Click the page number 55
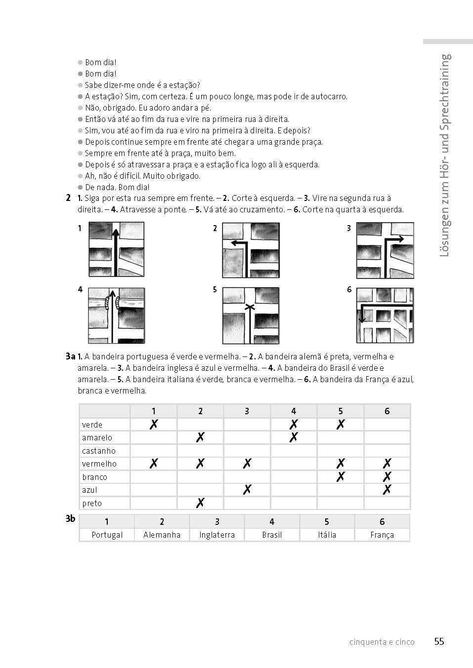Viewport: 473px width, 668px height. coord(439,641)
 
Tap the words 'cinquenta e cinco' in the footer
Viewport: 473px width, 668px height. coord(382,642)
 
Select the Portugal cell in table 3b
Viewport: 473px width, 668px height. coord(107,535)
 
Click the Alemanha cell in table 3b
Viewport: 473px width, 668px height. coord(162,535)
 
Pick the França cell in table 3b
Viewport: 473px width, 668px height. coord(382,535)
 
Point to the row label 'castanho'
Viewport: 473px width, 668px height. coord(99,451)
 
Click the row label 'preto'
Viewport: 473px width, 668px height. coord(92,503)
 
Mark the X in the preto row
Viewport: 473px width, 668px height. coord(200,503)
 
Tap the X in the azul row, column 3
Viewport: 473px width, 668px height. coord(247,489)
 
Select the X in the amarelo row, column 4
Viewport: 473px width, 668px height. coord(294,437)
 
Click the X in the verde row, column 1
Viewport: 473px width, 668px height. coord(154,424)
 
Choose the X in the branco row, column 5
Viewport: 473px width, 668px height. coord(340,476)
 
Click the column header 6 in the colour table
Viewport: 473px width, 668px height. coord(387,411)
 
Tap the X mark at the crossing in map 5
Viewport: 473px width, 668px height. coord(251,308)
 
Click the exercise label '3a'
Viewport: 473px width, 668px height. coord(70,356)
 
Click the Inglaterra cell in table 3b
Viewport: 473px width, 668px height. coord(216,535)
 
